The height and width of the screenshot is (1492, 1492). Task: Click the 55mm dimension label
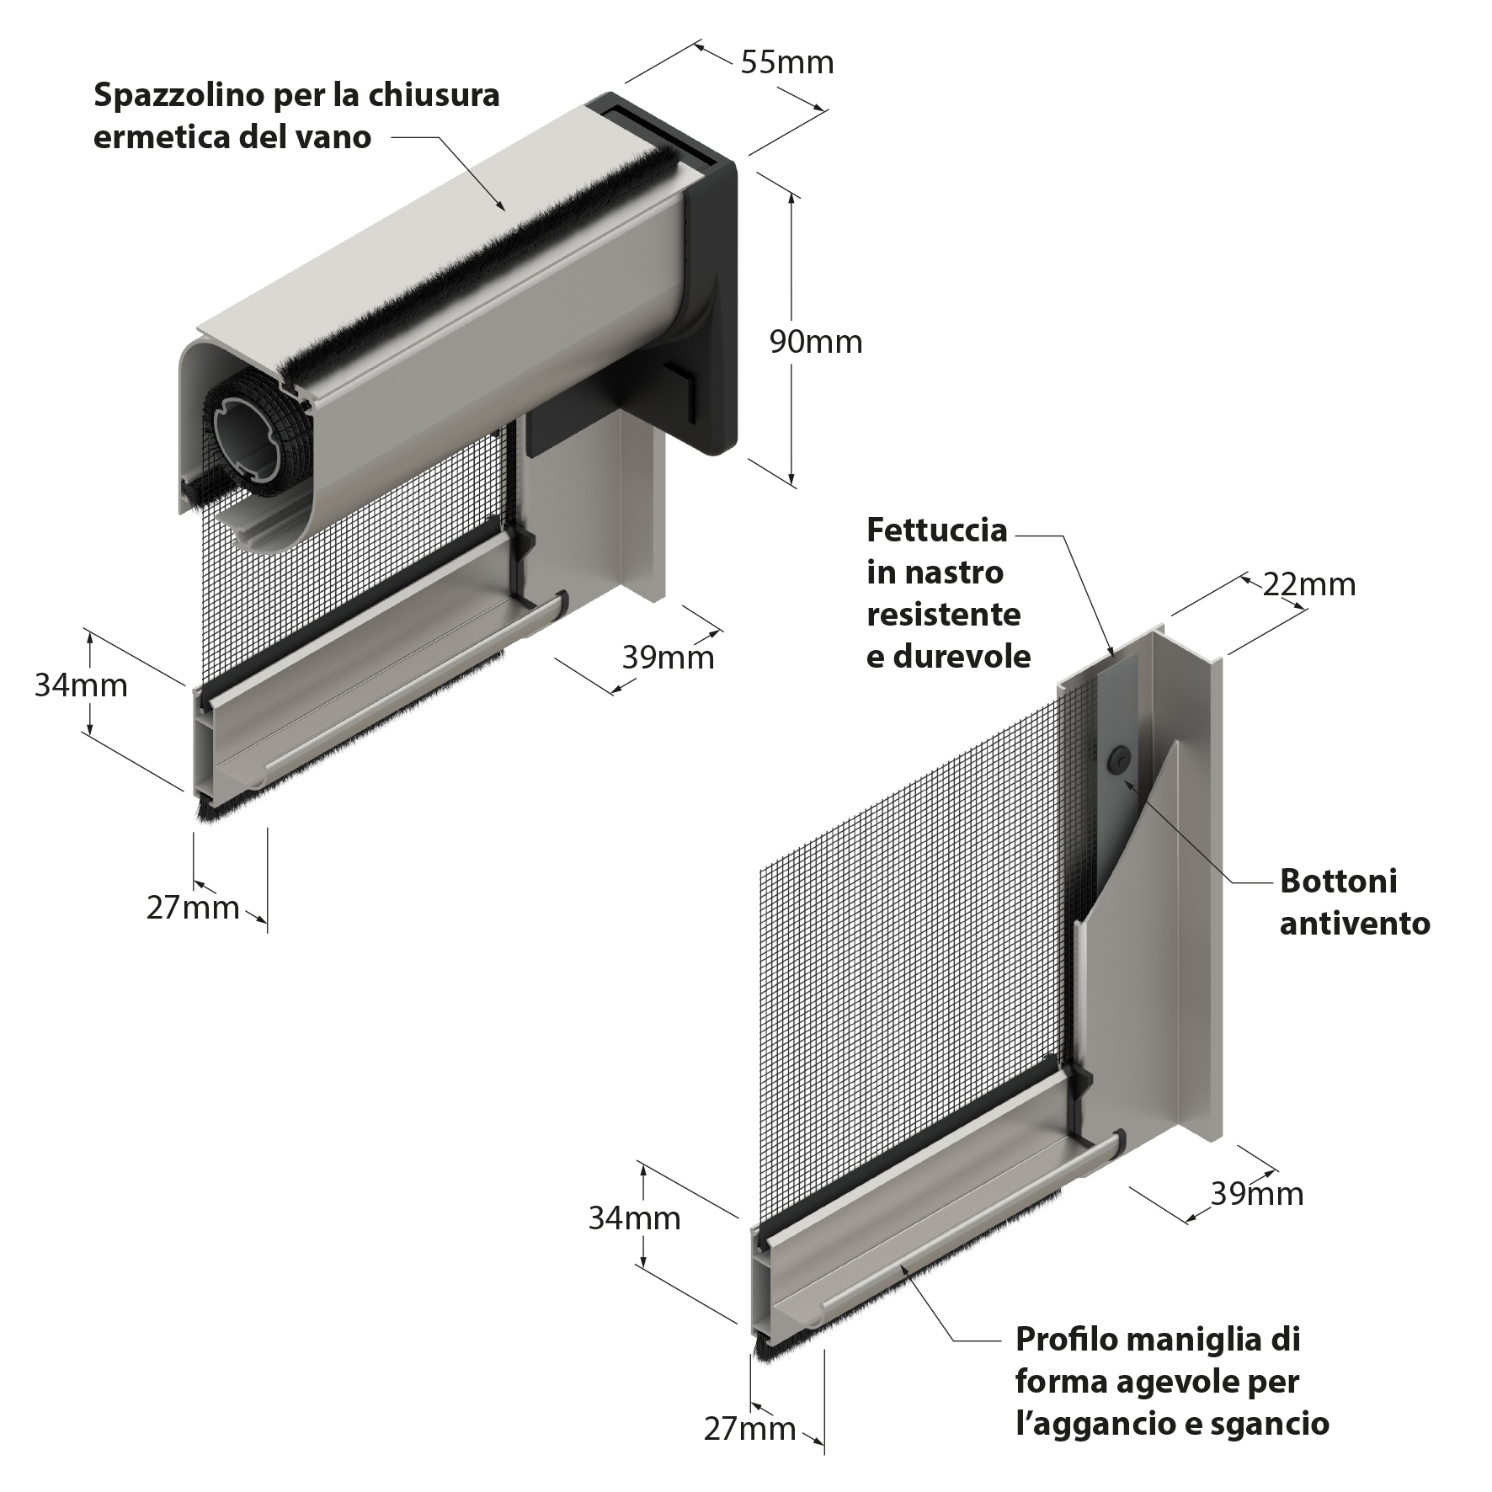coord(787,62)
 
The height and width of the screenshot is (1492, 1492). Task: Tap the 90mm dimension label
coord(816,342)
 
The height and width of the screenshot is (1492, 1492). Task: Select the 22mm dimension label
coord(1309,584)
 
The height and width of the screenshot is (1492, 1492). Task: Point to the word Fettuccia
coord(937,530)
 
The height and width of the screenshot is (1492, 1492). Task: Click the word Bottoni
coord(1339,881)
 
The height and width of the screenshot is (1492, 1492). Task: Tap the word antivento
coord(1355,924)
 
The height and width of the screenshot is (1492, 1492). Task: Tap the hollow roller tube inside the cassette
coord(250,437)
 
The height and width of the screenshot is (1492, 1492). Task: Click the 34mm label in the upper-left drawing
coord(81,685)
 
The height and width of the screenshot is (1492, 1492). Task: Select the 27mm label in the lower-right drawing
coord(749,1429)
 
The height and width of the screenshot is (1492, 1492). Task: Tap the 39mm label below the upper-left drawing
coord(668,657)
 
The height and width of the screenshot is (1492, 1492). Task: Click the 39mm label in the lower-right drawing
coord(1257,1193)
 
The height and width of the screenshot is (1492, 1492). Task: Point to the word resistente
coord(944,614)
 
